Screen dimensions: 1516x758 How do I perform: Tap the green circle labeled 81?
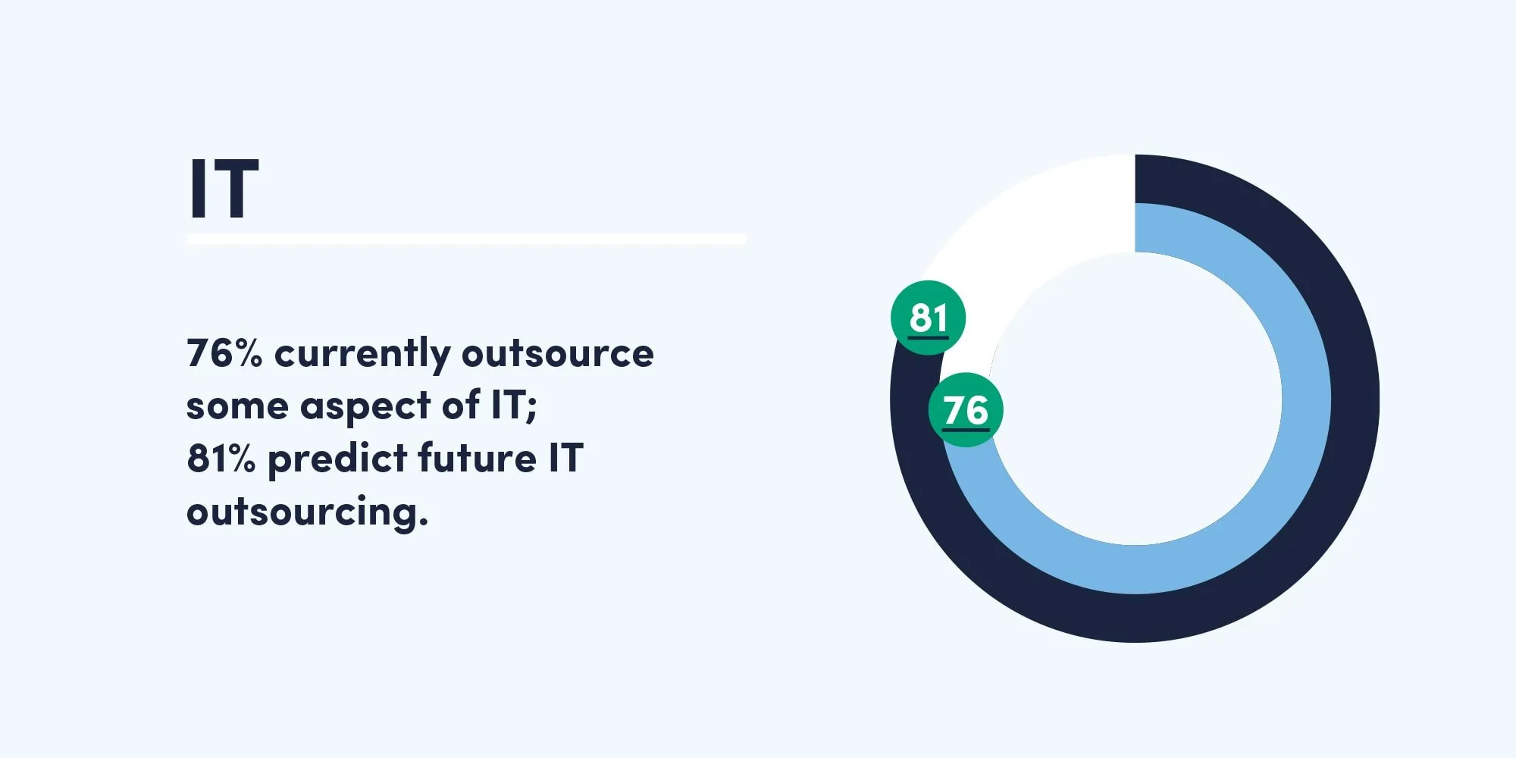[928, 318]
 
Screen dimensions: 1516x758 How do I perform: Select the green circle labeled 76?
[966, 410]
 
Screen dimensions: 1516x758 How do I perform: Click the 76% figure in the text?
[224, 353]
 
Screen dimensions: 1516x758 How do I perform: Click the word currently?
[362, 355]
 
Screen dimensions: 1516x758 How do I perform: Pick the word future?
[477, 458]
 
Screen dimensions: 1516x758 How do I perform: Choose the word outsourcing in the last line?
[307, 513]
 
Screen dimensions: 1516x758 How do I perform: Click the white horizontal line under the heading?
[466, 240]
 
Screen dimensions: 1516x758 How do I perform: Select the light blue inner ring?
[1305, 399]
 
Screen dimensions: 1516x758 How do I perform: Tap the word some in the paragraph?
[237, 407]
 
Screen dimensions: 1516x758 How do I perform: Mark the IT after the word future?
[565, 458]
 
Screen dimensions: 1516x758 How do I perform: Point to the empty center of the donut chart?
[1135, 399]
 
